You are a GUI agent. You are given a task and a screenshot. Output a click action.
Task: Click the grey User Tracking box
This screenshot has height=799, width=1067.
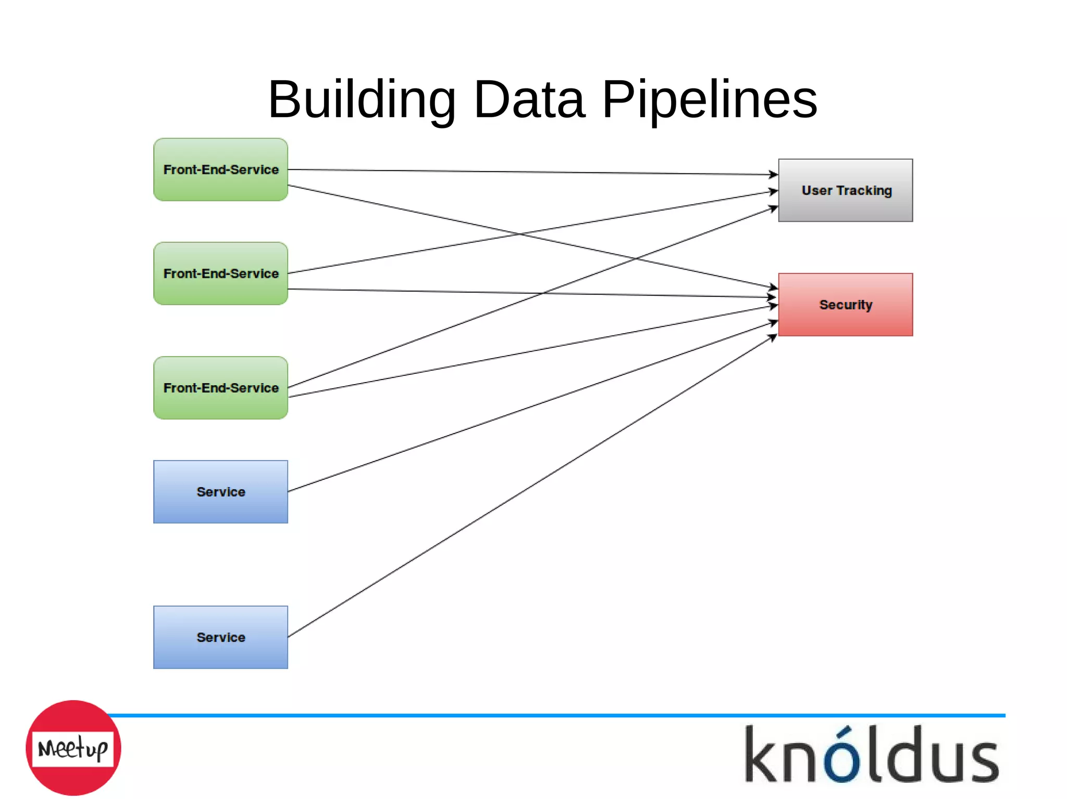(x=845, y=191)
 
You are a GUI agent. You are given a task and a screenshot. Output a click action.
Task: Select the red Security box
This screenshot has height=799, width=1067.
(x=845, y=305)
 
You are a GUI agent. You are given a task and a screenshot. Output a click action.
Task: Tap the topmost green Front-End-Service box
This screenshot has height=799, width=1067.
(x=220, y=170)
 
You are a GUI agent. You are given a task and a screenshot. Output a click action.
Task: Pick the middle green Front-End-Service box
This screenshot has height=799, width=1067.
(x=220, y=273)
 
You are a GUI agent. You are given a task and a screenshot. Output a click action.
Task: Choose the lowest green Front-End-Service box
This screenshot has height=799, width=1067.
(x=220, y=388)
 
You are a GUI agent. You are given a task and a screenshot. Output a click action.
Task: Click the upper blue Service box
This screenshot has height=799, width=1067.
(x=220, y=492)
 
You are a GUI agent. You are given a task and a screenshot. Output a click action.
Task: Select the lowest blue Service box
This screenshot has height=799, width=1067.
(x=220, y=637)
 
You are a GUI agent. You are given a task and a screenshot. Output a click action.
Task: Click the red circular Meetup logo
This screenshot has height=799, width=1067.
(x=73, y=748)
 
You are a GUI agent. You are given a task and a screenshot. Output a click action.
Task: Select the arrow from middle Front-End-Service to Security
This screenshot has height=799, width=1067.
(x=417, y=291)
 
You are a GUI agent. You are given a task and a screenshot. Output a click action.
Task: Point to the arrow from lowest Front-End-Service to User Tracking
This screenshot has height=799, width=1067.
(x=417, y=339)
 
